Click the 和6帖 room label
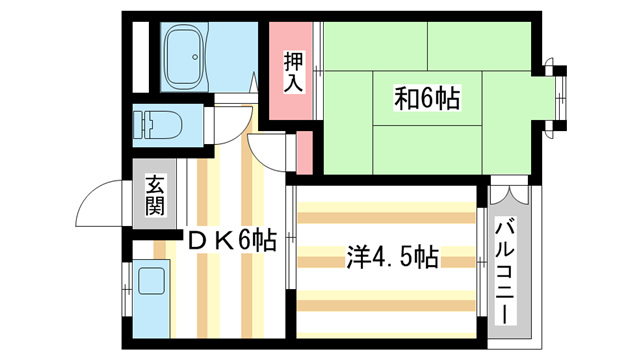click(x=426, y=99)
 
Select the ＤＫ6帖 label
click(x=231, y=240)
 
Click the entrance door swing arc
click(x=100, y=205)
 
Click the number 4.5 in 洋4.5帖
click(x=389, y=257)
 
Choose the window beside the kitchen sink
click(x=126, y=290)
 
